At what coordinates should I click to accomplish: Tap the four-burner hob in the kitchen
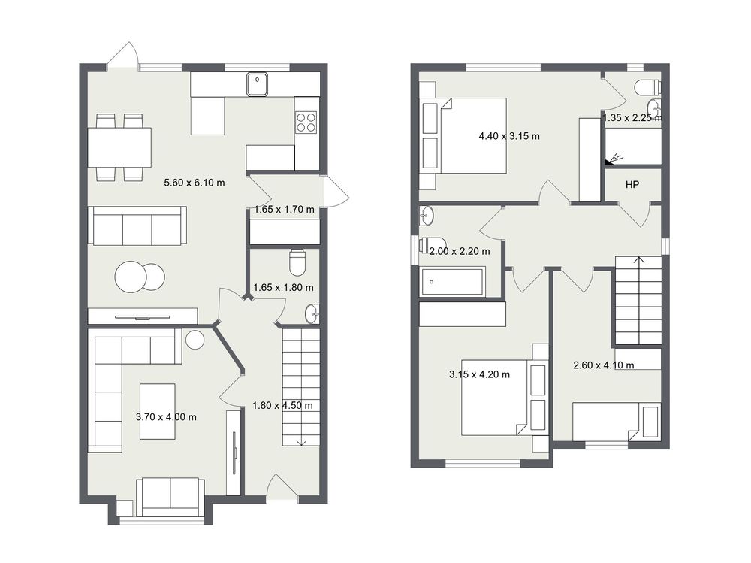coord(306,122)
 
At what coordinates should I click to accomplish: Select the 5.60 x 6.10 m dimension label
coord(195,183)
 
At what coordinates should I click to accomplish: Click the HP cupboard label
coord(632,185)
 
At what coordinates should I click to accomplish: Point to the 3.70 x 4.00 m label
coord(166,417)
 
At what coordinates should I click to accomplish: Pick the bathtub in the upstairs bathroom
coord(453,281)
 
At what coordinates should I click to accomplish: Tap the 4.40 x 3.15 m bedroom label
coord(509,136)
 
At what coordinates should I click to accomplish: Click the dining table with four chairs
coord(119,147)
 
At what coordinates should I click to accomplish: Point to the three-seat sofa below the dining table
coord(137,226)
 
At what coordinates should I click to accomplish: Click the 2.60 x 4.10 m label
coord(604,365)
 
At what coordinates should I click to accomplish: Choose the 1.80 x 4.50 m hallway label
coord(282,406)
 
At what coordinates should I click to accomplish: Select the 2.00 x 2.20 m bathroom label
coord(460,251)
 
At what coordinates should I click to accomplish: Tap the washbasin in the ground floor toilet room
coord(312,314)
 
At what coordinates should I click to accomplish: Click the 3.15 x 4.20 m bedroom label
coord(479,374)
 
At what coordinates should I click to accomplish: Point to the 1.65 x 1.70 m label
coord(285,210)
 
